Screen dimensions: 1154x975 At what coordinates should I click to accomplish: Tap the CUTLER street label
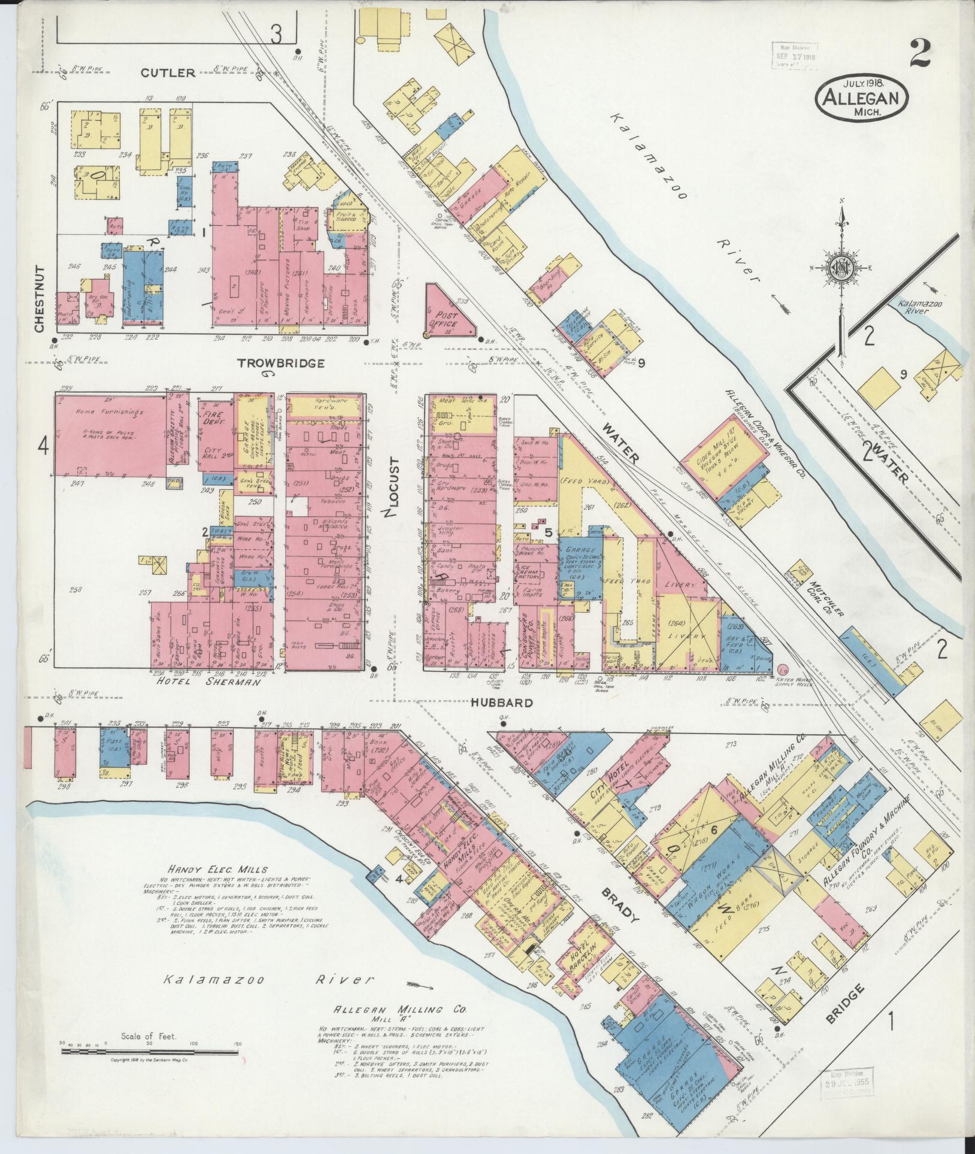(168, 73)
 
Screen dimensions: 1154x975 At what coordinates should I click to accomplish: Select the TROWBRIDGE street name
(281, 363)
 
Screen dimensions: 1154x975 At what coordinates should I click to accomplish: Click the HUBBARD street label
(501, 702)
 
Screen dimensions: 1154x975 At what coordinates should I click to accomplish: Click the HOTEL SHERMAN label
(208, 682)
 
